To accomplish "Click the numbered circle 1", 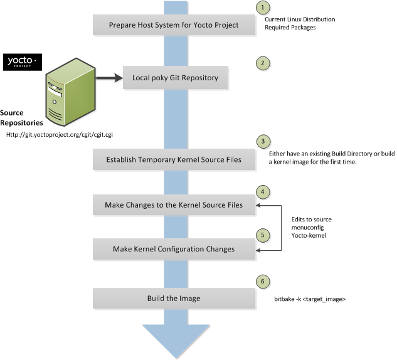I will click(264, 8).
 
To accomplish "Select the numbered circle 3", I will click(264, 142).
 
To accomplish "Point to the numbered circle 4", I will click(264, 190).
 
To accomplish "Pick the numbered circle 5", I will click(264, 233).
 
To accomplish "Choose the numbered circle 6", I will click(264, 282).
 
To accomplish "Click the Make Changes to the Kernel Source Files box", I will click(173, 205).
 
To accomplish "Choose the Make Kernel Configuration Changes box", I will click(173, 249).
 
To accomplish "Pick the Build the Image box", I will click(173, 299).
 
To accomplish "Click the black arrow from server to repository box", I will click(107, 78).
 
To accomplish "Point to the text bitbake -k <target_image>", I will click(310, 300).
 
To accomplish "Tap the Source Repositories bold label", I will click(21, 118).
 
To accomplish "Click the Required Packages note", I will click(290, 28).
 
